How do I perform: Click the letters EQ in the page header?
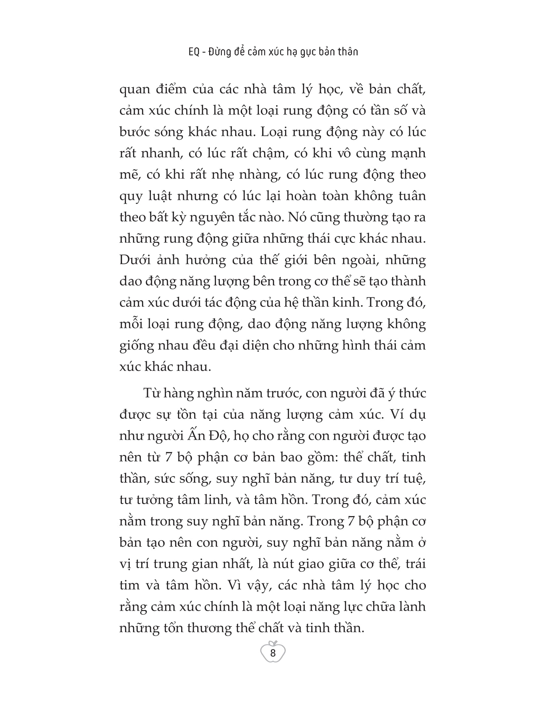tap(194, 52)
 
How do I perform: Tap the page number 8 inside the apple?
tap(273, 653)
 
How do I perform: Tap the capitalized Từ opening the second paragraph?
tap(151, 393)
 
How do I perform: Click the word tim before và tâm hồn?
tap(130, 585)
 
